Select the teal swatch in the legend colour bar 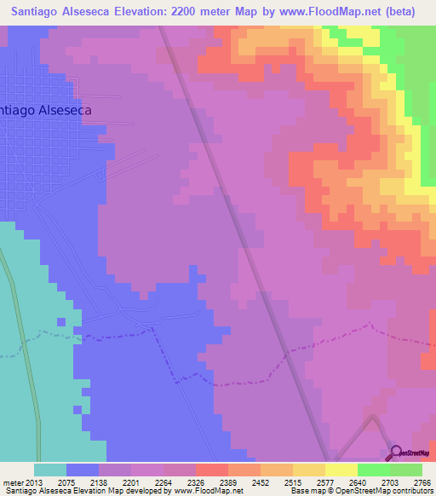click(50, 470)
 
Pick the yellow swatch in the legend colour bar click(341, 470)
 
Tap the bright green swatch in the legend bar click(374, 470)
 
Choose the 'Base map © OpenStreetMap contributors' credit click(360, 490)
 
